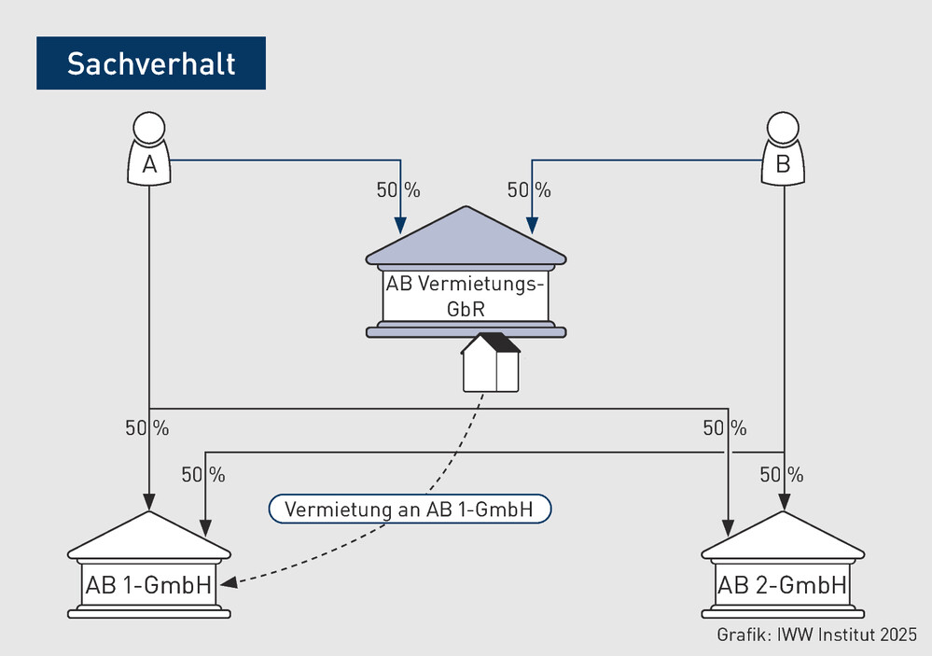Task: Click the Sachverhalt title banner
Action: tap(151, 63)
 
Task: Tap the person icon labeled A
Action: tap(149, 148)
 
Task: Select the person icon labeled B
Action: tap(783, 148)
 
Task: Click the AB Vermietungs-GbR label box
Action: tap(466, 296)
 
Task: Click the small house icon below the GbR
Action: tap(491, 362)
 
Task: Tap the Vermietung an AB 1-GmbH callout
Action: tap(410, 509)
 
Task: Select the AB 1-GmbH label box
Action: tap(148, 585)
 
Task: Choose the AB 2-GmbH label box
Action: tap(782, 585)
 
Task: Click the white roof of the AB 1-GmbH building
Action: tap(148, 536)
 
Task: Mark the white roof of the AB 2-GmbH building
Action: tap(783, 536)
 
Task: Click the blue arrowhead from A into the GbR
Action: tap(400, 226)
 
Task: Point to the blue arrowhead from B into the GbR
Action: tap(532, 226)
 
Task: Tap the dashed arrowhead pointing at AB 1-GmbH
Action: tap(229, 581)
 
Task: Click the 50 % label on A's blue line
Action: tap(398, 190)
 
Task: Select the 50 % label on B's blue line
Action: tap(529, 190)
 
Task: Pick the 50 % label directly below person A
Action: tap(146, 428)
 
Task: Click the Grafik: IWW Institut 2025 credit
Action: tap(816, 635)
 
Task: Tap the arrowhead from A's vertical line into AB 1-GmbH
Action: tap(148, 503)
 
